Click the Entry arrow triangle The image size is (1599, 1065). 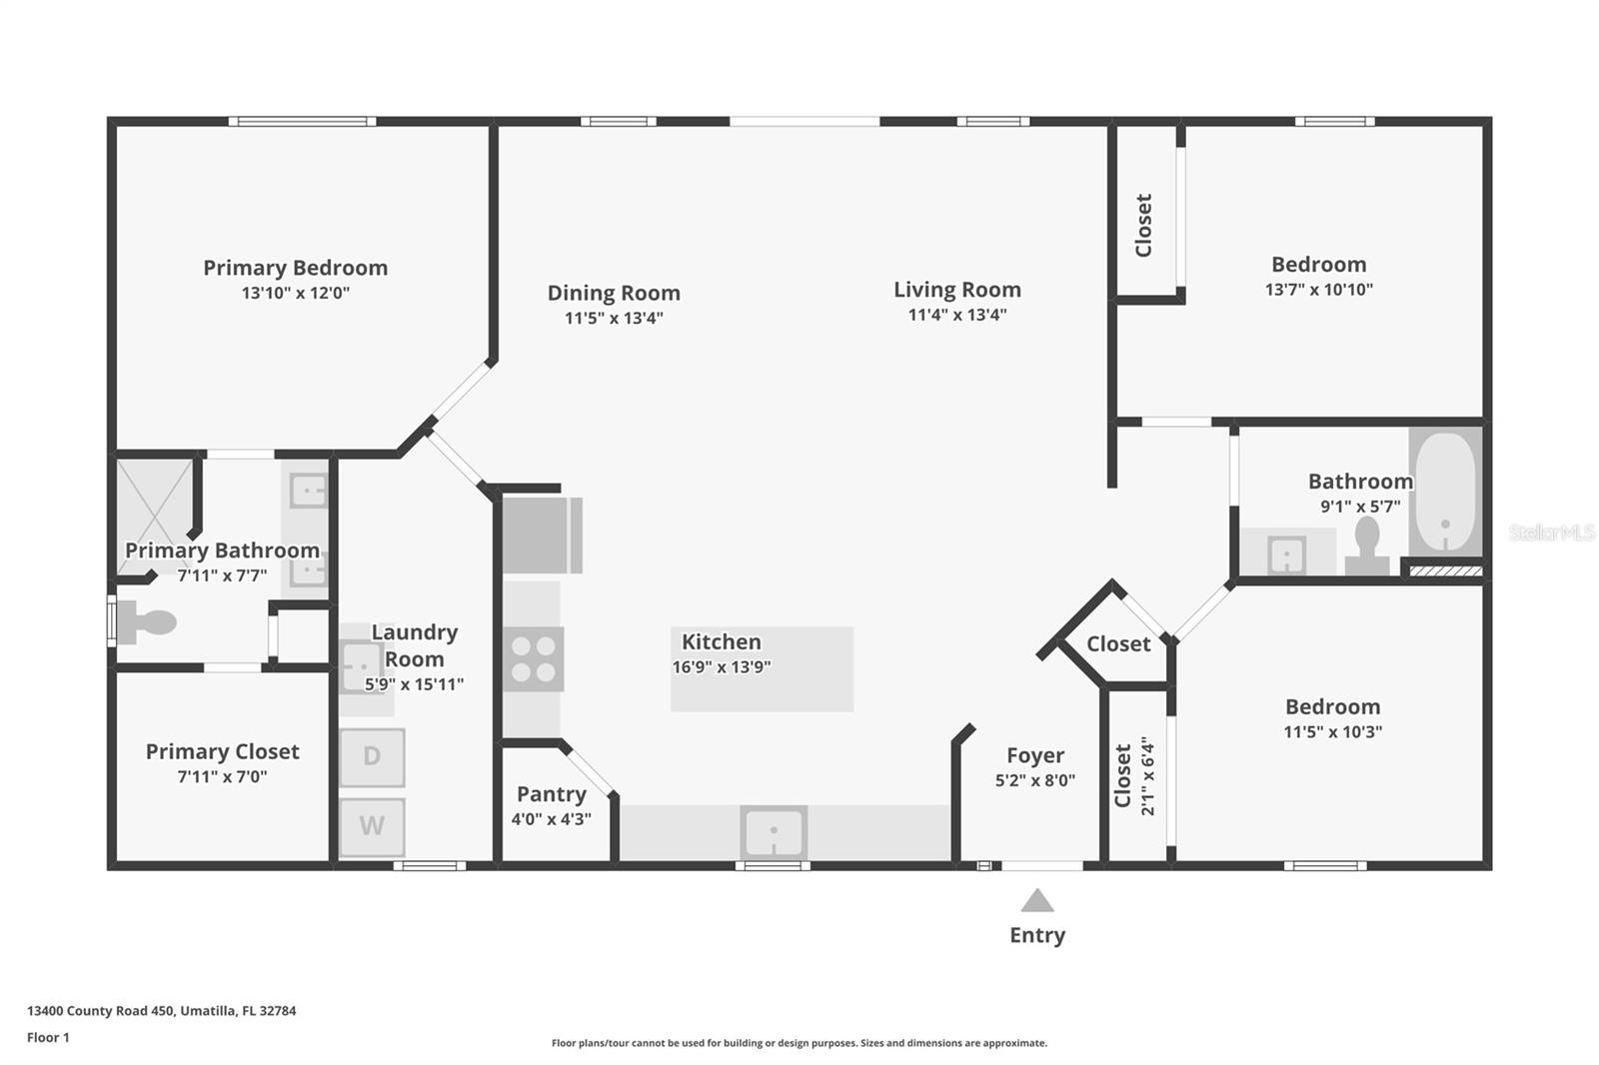(x=1037, y=901)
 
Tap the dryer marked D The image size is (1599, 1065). (x=372, y=757)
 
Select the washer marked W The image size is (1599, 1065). (x=372, y=826)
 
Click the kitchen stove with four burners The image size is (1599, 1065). (x=534, y=658)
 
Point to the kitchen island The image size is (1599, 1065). (x=762, y=668)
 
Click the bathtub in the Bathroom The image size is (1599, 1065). (x=1445, y=492)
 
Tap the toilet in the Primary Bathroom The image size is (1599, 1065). (x=146, y=621)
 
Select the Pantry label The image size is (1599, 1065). (x=552, y=793)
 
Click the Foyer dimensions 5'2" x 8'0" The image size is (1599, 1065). (x=1035, y=780)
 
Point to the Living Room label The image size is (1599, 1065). (x=957, y=289)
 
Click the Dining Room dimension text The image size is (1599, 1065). (x=614, y=318)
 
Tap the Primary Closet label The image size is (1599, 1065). (x=222, y=751)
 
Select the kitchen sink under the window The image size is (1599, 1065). (x=774, y=831)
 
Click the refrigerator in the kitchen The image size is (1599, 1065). (x=543, y=535)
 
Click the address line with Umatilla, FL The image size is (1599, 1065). (x=161, y=1011)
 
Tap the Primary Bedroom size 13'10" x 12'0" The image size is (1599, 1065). (x=296, y=293)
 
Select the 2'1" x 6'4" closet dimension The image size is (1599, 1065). (x=1147, y=776)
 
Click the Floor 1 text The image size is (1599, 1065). (x=48, y=1037)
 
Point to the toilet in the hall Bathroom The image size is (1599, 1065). (x=1367, y=546)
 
